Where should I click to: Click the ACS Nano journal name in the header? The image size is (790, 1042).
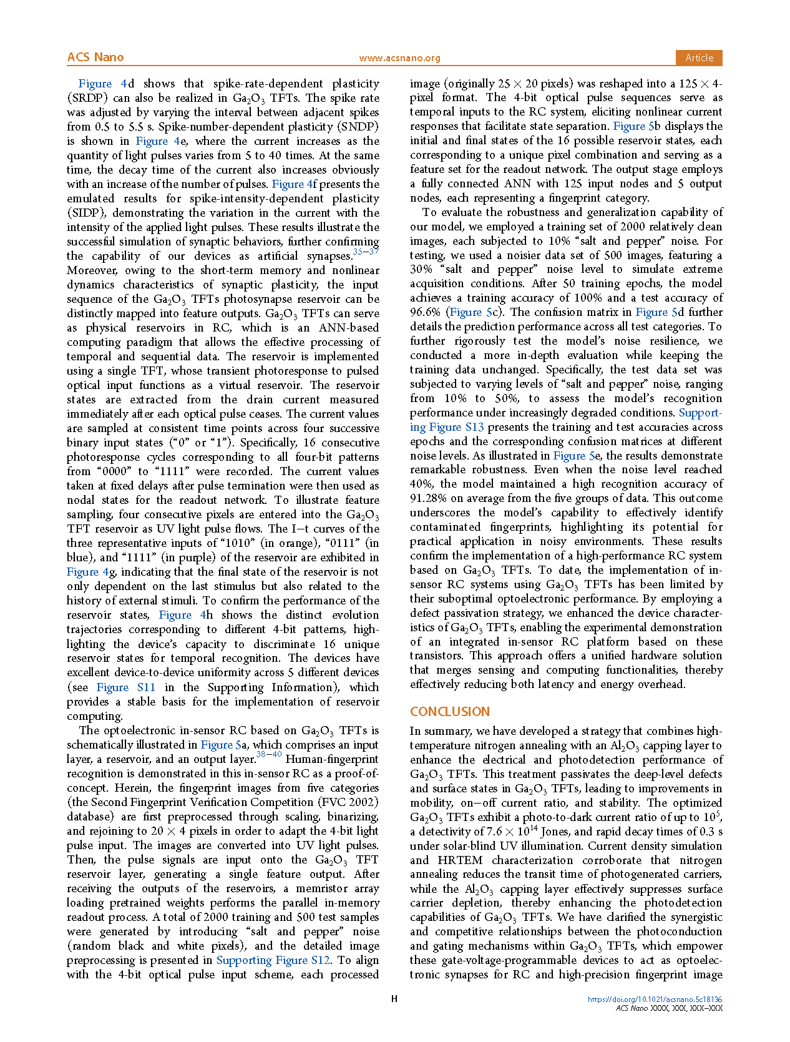[95, 57]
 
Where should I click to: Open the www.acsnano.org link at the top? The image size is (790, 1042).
[399, 58]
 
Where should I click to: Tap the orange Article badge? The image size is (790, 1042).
[699, 57]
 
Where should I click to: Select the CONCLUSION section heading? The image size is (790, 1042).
[449, 712]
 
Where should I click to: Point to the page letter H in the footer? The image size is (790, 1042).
[394, 999]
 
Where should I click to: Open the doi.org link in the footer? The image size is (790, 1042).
[655, 1000]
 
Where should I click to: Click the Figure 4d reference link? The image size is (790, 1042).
[106, 84]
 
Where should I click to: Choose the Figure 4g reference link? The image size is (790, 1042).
[91, 572]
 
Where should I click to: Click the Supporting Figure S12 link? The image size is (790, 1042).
[273, 960]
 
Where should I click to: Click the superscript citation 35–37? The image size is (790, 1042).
[366, 252]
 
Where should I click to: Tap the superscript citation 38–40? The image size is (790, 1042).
[269, 755]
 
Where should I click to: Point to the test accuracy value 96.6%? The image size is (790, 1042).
[424, 312]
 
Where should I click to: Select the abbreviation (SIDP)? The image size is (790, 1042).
[85, 213]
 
